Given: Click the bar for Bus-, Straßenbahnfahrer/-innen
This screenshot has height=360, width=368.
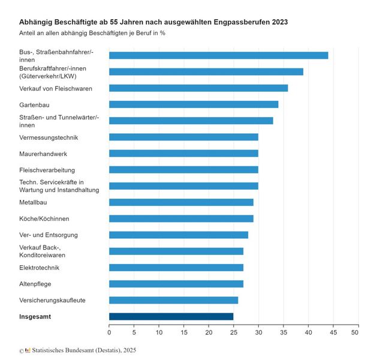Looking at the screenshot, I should [x=218, y=55].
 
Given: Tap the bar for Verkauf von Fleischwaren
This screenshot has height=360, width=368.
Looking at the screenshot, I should [x=198, y=88].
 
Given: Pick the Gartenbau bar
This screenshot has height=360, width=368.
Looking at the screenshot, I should [x=194, y=104].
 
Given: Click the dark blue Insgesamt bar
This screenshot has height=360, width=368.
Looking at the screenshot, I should [x=171, y=316].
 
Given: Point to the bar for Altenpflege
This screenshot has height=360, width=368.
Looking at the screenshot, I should [x=176, y=284].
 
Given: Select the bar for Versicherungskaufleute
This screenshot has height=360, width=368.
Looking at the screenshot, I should [x=173, y=300].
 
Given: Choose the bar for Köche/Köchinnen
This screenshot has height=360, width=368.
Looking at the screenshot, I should [x=181, y=218].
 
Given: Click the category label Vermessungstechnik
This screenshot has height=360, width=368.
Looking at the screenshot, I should [x=49, y=137].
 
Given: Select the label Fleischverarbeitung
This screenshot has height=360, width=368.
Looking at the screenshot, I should [x=47, y=170].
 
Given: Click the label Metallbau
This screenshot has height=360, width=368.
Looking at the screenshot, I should [x=34, y=202].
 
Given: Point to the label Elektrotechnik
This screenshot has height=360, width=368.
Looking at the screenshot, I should [x=40, y=268].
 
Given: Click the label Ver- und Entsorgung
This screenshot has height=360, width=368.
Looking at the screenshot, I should [x=49, y=235].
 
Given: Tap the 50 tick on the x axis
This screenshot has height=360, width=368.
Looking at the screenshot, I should [x=358, y=331].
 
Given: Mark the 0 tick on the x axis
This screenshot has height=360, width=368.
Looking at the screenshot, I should [x=109, y=331].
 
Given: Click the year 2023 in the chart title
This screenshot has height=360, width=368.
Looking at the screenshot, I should [x=279, y=22].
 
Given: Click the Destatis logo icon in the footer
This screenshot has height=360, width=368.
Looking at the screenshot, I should [x=28, y=350].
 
